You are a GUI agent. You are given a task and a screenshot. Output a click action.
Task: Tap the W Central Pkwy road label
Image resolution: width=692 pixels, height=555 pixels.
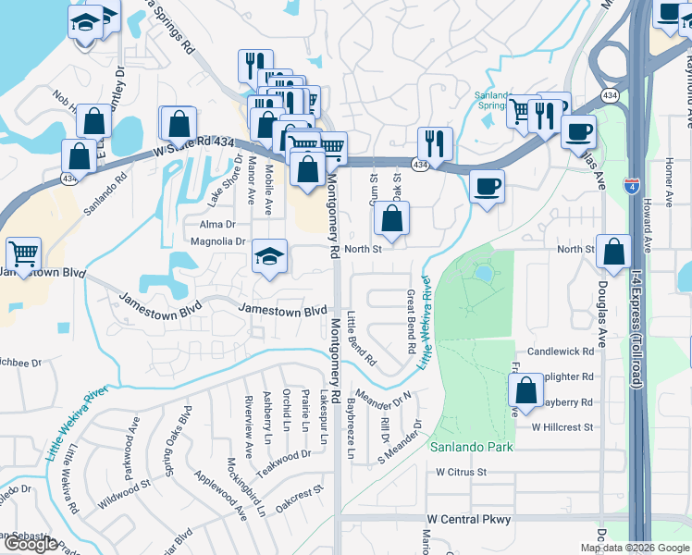pos(469,520)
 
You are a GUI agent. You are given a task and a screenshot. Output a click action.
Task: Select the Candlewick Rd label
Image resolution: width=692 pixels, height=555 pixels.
pos(560,351)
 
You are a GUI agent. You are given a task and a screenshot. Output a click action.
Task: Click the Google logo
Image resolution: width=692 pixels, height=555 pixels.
pos(31,545)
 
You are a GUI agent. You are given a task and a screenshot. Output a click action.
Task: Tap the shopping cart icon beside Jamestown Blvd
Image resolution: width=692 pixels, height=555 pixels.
pos(23,252)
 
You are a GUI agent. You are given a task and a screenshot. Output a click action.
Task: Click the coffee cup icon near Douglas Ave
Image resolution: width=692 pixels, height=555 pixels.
pos(578,130)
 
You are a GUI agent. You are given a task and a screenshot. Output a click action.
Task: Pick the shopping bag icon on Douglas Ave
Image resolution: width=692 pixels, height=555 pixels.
pos(612,250)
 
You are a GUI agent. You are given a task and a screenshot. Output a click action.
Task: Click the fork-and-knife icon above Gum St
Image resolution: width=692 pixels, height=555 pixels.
pos(434,142)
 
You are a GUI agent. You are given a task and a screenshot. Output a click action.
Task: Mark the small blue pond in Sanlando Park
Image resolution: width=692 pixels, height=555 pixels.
pos(484,274)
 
